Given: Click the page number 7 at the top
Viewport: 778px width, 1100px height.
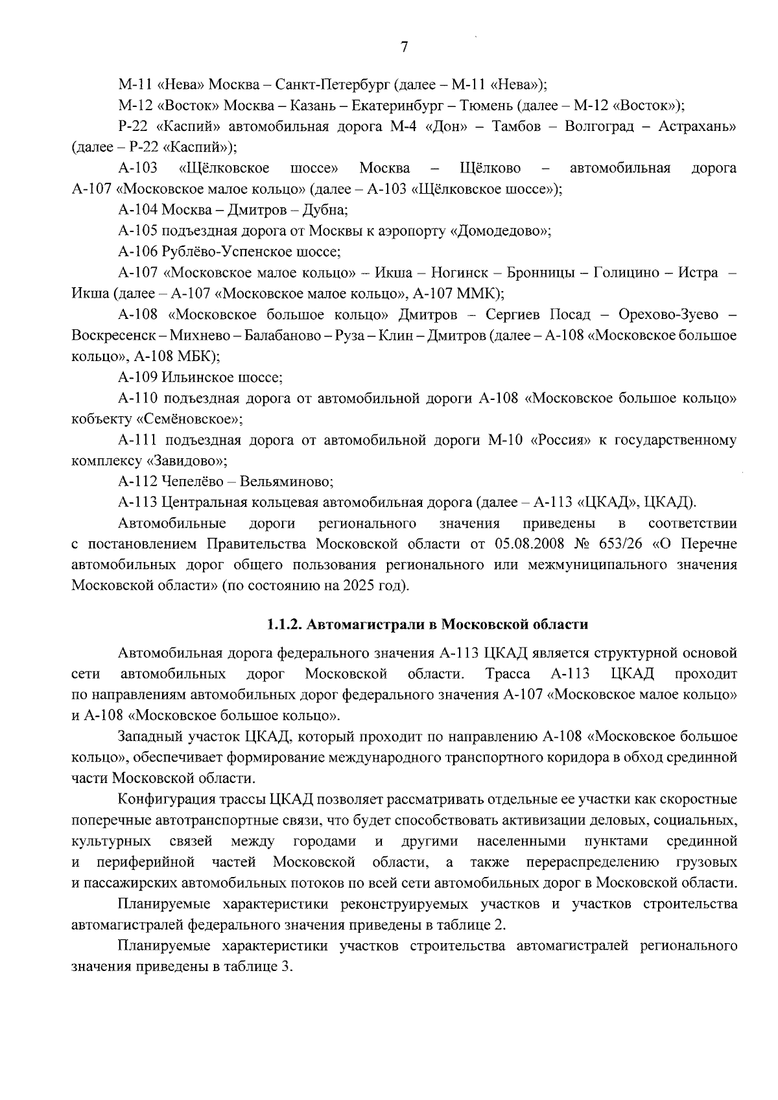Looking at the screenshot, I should coord(404,47).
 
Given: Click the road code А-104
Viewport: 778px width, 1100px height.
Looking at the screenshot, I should coord(137,210).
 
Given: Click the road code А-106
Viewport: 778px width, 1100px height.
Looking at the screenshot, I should coord(137,252).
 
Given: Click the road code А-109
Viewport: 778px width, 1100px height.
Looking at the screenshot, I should coord(137,377).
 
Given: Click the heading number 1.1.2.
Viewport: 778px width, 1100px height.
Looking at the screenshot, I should coord(284,625).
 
